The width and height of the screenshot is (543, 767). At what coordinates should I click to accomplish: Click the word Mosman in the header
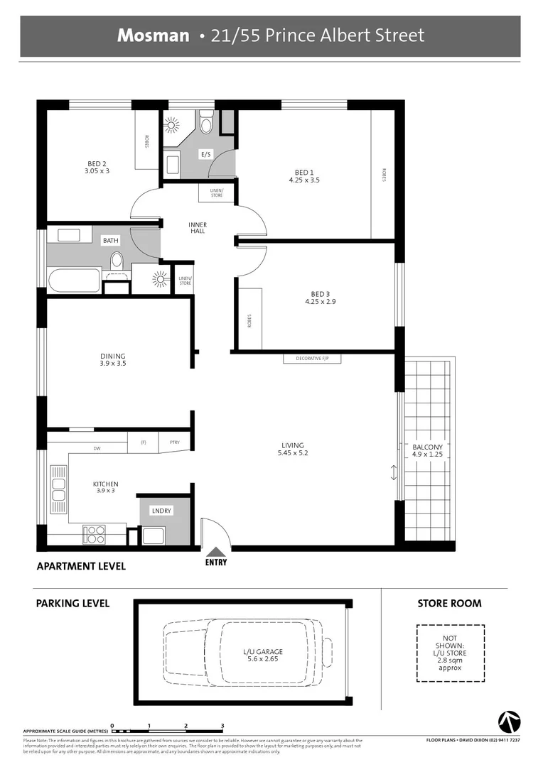click(x=154, y=35)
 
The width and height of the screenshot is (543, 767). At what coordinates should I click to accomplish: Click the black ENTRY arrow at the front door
click(x=216, y=550)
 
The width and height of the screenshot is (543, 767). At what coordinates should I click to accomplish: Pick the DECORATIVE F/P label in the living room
click(x=312, y=359)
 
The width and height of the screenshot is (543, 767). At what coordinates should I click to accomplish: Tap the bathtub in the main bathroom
click(x=75, y=280)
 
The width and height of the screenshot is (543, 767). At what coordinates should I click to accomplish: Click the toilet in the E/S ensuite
click(x=206, y=125)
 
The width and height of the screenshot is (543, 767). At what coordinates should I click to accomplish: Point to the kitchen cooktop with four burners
click(x=95, y=534)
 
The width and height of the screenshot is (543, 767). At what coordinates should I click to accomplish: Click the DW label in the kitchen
click(x=96, y=449)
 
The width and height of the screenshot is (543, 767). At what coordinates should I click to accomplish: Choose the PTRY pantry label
click(x=174, y=442)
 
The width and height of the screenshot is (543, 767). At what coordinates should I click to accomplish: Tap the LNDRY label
click(x=161, y=511)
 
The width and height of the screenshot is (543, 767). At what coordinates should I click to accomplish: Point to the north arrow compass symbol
click(x=509, y=721)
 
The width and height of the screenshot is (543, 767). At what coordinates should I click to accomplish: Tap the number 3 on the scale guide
click(x=222, y=726)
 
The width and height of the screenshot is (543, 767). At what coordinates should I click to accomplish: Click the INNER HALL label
click(x=198, y=227)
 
